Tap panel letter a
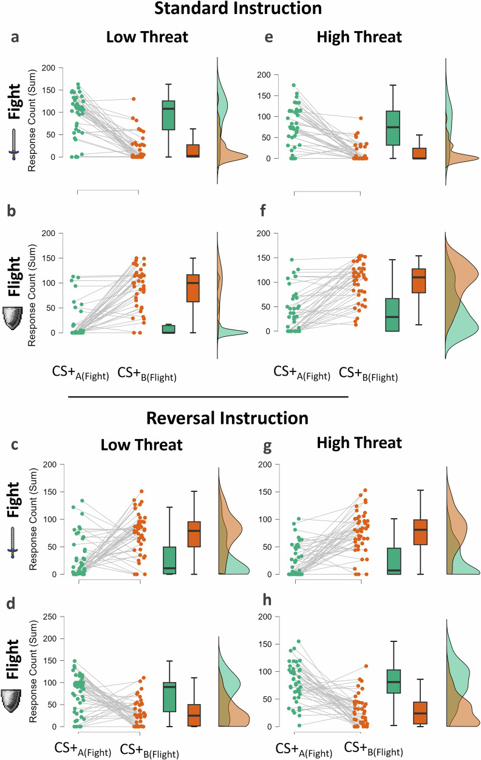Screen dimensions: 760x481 click(x=16, y=37)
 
